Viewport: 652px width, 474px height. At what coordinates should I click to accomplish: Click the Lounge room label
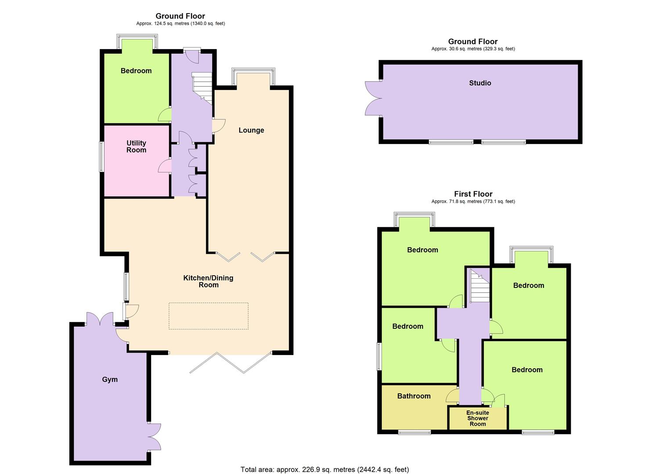[x=251, y=130]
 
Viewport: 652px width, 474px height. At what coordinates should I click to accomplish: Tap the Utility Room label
[x=136, y=147]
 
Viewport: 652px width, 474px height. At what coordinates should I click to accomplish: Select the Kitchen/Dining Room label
[x=208, y=281]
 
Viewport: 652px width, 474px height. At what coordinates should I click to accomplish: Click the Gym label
[x=110, y=380]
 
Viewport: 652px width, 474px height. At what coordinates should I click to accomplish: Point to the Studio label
[x=480, y=83]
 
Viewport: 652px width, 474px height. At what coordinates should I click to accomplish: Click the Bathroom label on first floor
[x=414, y=396]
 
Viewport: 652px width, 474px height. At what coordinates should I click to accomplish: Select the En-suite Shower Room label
[x=478, y=418]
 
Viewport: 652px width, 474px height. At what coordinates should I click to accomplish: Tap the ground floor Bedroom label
[x=136, y=71]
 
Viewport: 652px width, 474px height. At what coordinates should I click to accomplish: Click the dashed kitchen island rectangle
[x=209, y=316]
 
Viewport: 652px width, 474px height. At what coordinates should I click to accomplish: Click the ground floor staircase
[x=203, y=88]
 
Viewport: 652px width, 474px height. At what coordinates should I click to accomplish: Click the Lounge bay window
[x=253, y=77]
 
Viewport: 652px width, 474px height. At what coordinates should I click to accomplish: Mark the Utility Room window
[x=101, y=157]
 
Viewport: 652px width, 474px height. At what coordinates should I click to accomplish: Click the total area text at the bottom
[x=324, y=470]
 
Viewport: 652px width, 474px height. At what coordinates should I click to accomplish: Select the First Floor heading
[x=473, y=194]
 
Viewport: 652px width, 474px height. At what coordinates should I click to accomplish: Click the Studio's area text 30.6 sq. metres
[x=473, y=49]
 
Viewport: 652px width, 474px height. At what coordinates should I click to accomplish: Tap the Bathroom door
[x=453, y=396]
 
